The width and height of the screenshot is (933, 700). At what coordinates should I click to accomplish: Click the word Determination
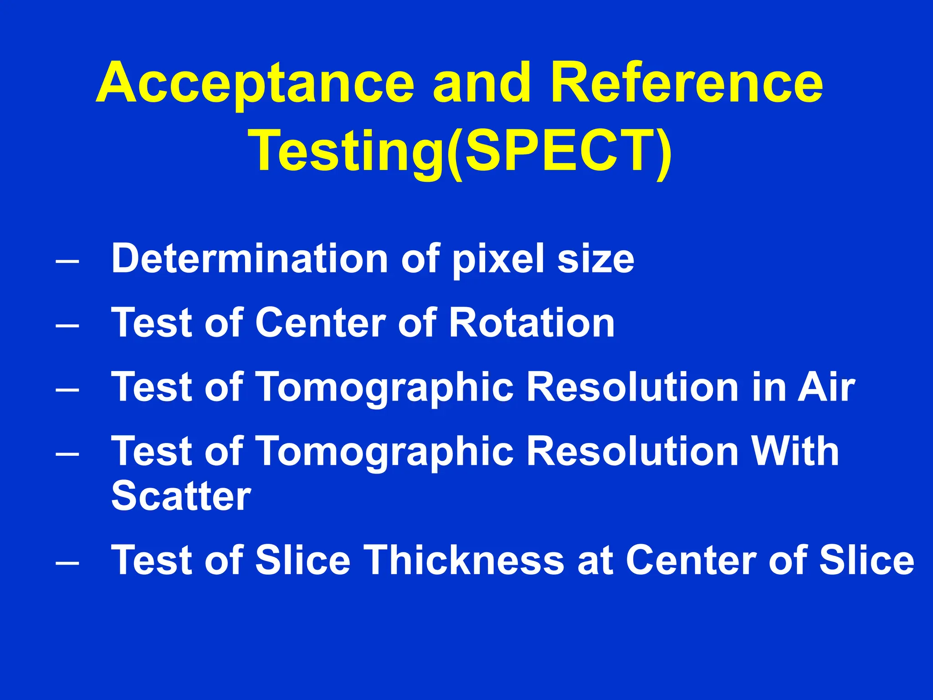pos(249,258)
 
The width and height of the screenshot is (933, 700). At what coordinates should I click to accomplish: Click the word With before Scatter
pos(795,451)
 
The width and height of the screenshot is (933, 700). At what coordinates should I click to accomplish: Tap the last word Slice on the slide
pos(866,560)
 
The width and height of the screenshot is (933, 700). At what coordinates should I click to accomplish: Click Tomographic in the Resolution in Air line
pos(386,388)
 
